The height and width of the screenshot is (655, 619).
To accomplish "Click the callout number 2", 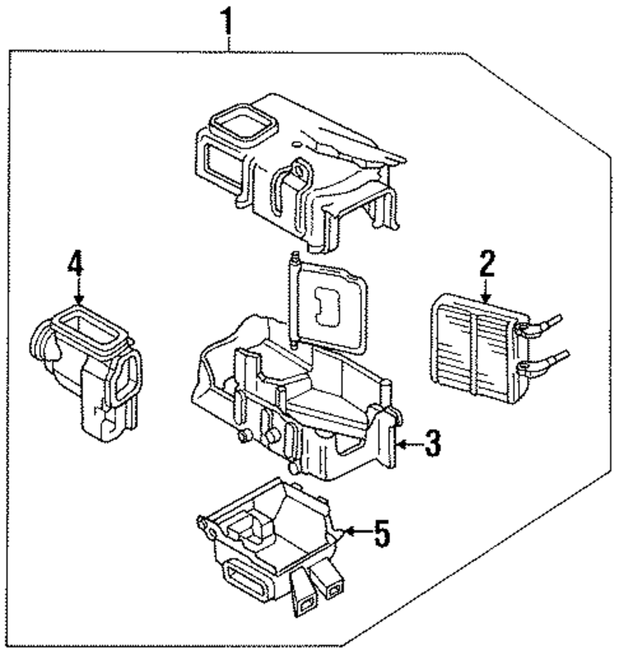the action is point(487,264).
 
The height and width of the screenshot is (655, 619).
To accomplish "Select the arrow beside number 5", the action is point(359,531).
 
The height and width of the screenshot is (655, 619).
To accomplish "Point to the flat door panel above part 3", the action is point(328,307).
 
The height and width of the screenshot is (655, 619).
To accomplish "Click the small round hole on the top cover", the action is point(296,144).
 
